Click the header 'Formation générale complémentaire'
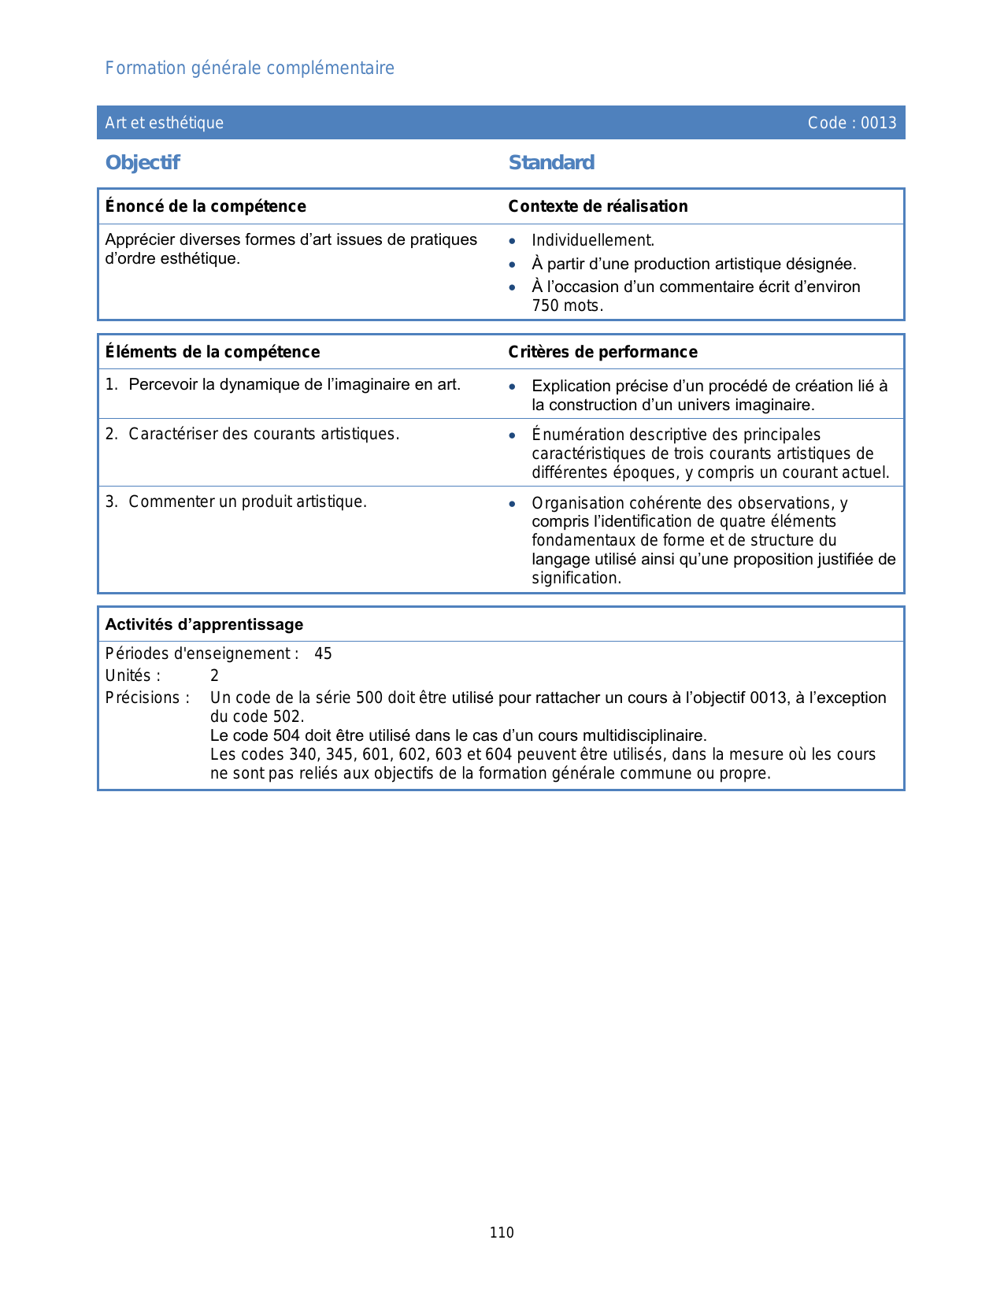coord(250,68)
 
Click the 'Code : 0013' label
coord(851,123)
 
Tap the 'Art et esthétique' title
coord(164,123)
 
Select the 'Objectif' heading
coord(143,163)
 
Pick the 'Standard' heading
coord(551,163)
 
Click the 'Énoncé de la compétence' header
coord(206,206)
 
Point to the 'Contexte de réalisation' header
coord(598,206)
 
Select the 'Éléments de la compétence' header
coord(213,352)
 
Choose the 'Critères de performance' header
coord(602,352)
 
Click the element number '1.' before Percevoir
coord(111,385)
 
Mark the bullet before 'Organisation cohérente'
coord(513,504)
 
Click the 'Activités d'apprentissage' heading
coord(204,624)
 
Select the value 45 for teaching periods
coord(323,654)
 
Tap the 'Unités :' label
coord(132,676)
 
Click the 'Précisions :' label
coord(147,698)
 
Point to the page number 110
coord(502,1233)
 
